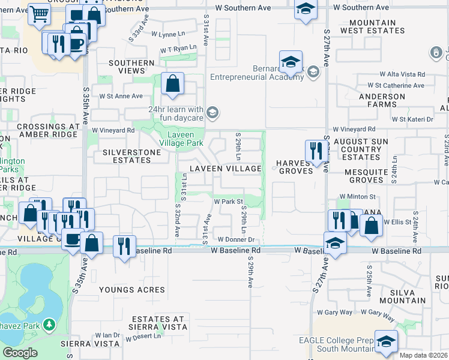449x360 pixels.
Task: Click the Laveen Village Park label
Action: [184, 138]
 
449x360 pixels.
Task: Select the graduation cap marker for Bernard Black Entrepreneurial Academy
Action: [291, 62]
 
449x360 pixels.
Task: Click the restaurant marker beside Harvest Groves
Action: [315, 151]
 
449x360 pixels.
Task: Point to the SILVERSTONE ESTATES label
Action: [132, 156]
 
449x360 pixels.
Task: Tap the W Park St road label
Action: [228, 202]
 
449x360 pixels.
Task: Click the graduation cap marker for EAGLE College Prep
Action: [386, 341]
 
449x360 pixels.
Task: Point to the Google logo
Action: [20, 353]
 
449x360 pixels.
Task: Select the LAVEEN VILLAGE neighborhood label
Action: [226, 169]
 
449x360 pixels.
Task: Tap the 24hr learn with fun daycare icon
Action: [211, 112]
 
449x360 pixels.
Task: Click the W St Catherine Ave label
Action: [396, 86]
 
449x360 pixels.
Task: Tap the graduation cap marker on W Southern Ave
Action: [306, 10]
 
